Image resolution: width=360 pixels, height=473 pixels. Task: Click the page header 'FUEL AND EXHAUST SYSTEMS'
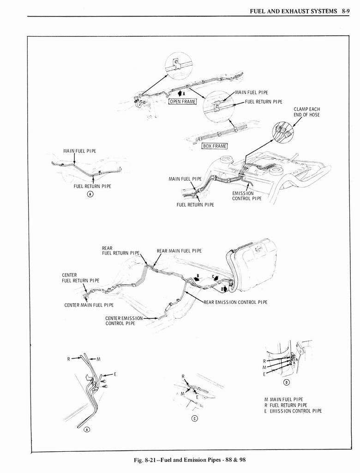pos(292,11)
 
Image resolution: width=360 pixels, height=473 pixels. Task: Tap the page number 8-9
pos(348,11)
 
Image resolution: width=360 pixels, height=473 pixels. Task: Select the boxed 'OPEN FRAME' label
pos(183,102)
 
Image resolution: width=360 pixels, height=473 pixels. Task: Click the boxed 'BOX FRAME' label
pos(215,146)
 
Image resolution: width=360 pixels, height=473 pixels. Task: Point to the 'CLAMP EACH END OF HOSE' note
pos(306,112)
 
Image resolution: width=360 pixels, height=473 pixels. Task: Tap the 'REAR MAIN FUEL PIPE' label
pos(179,251)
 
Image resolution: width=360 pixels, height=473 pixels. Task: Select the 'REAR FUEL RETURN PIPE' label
pos(120,250)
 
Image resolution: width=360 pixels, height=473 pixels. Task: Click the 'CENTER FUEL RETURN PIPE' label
pos(80,278)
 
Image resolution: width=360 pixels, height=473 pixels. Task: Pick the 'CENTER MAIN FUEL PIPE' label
pos(89,305)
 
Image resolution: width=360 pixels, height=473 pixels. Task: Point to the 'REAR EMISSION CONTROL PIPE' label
pos(235,302)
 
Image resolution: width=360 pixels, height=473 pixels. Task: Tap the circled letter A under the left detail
pos(90,194)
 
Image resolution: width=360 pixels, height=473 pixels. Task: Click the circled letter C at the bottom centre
pos(194,418)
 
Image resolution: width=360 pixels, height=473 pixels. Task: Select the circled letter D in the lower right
pos(286,382)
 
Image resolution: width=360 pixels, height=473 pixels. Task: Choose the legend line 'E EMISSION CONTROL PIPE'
pos(293,411)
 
